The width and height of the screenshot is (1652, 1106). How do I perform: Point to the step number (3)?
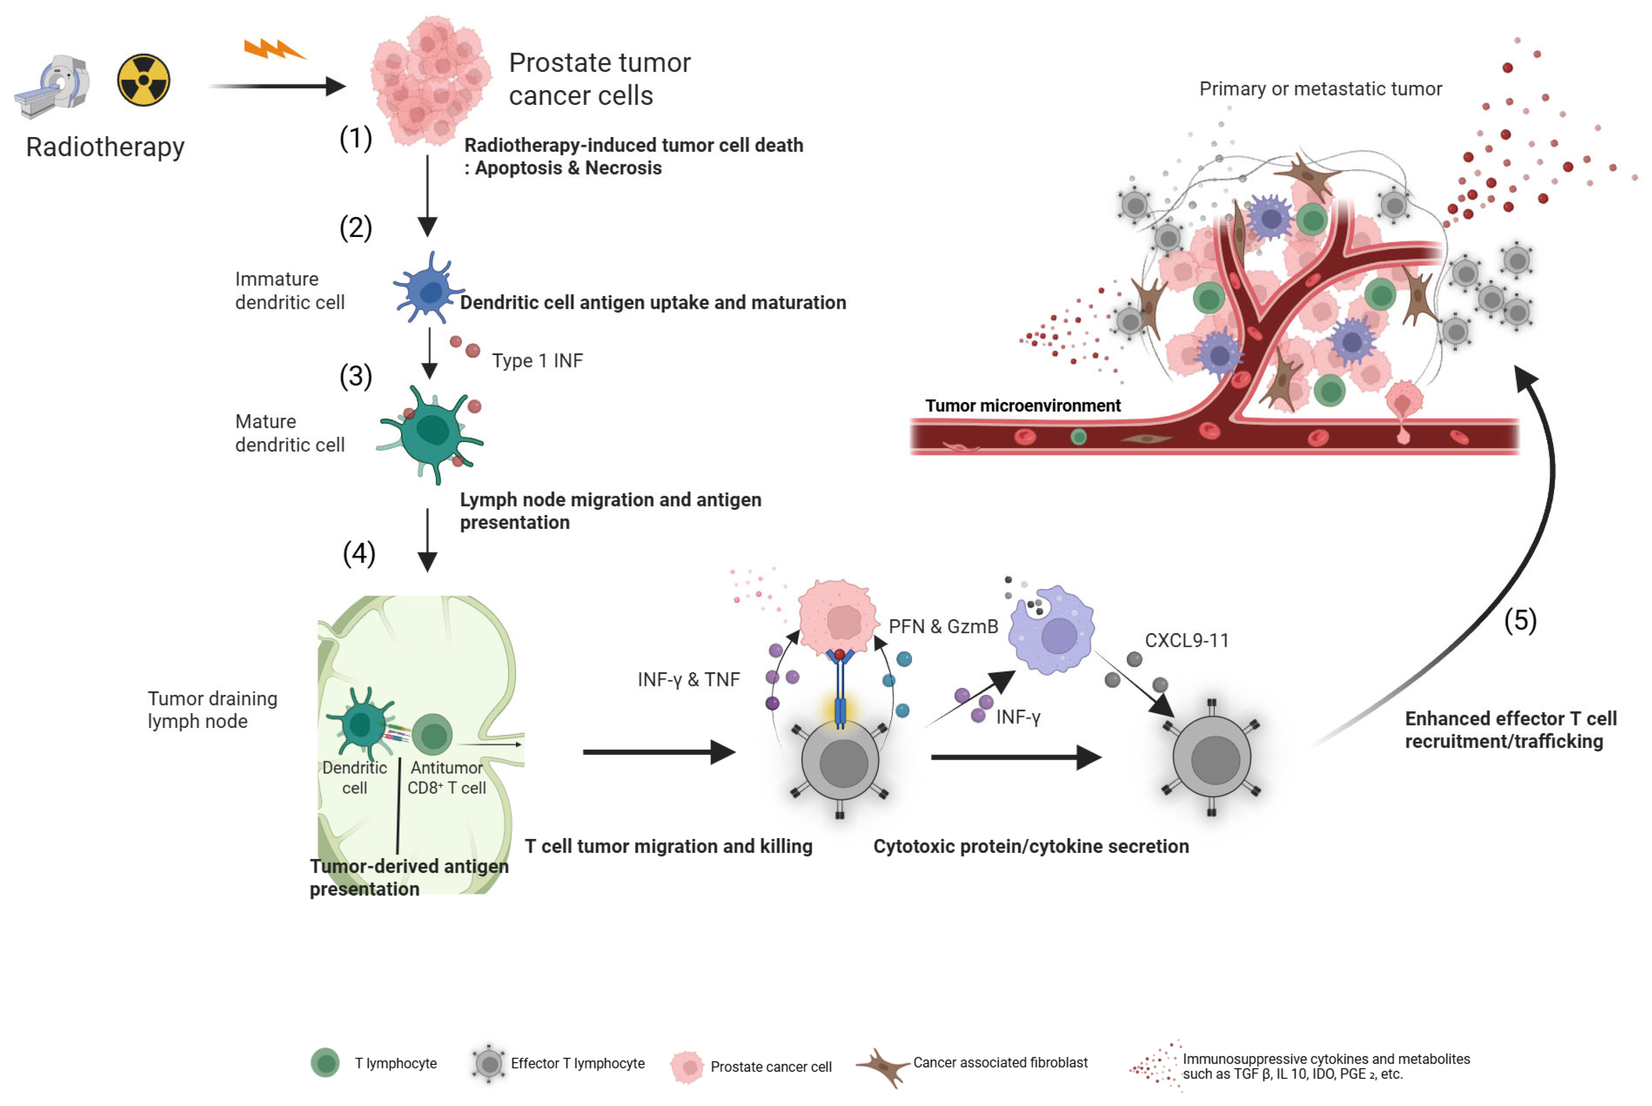356,376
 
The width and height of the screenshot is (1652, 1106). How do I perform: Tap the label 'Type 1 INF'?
537,361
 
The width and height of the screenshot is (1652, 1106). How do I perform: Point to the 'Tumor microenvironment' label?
1022,406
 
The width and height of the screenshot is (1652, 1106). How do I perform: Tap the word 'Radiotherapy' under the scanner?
105,147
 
